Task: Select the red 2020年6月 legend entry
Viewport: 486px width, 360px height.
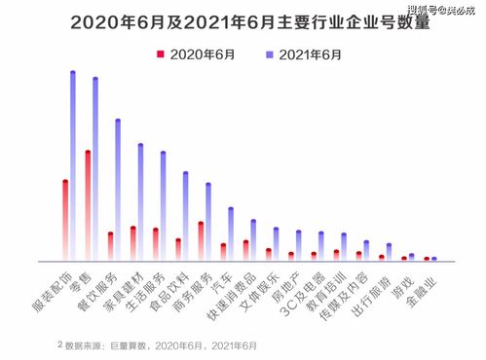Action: [198, 54]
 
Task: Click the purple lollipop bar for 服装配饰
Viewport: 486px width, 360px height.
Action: [73, 165]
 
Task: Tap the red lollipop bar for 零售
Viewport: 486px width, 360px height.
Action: [88, 205]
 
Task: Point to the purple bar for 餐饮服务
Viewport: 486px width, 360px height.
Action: [118, 190]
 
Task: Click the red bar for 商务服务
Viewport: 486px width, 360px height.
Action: [201, 241]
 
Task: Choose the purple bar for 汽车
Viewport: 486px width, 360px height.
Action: [231, 234]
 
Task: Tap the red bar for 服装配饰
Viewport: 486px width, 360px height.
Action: [64, 220]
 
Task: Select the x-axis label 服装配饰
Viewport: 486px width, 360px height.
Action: [54, 292]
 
